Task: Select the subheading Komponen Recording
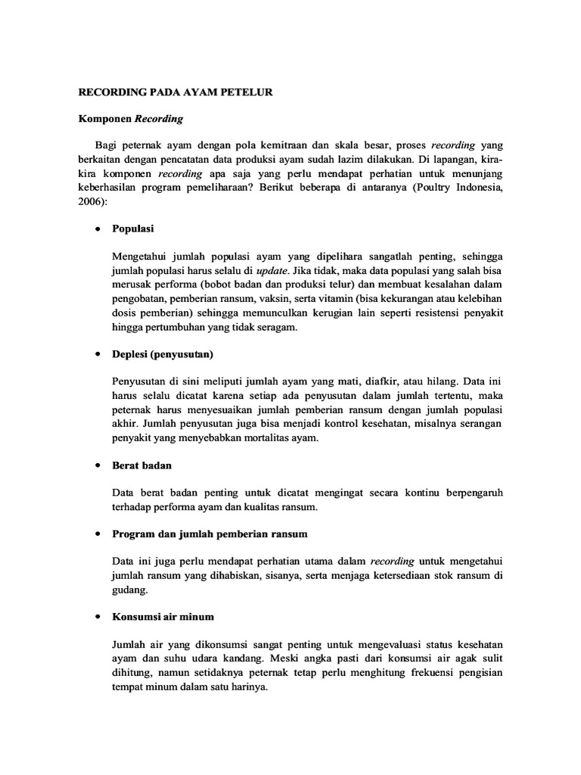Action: (x=132, y=119)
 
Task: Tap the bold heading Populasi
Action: (x=133, y=228)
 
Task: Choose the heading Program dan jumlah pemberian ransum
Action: (x=210, y=534)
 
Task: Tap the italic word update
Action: (x=272, y=270)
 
